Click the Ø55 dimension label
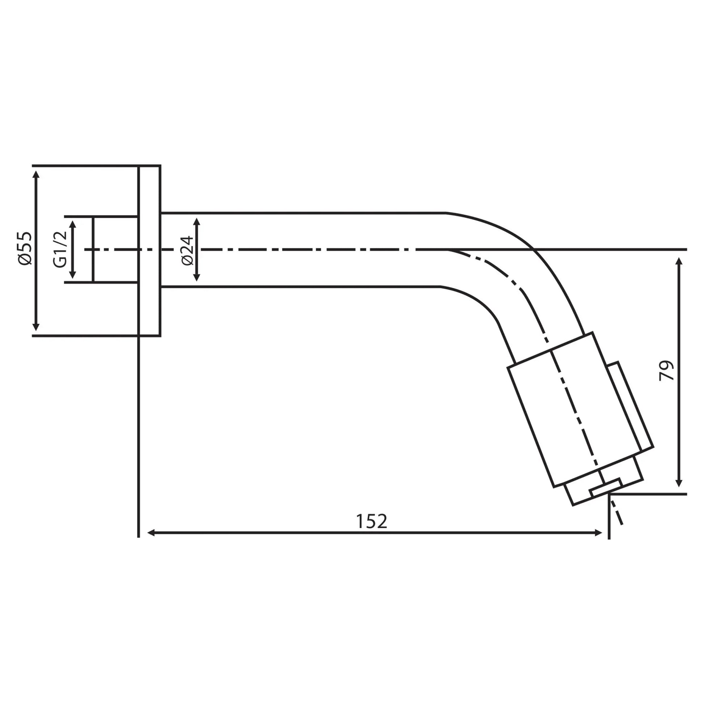click(26, 248)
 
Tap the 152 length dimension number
click(371, 521)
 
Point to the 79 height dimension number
click(666, 371)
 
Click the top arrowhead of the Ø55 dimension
click(36, 174)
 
